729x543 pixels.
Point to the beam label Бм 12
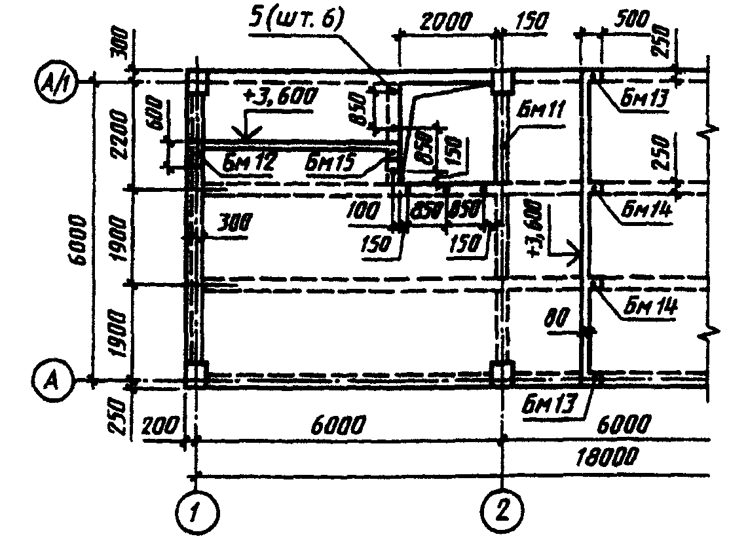250,163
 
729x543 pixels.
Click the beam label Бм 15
332,163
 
